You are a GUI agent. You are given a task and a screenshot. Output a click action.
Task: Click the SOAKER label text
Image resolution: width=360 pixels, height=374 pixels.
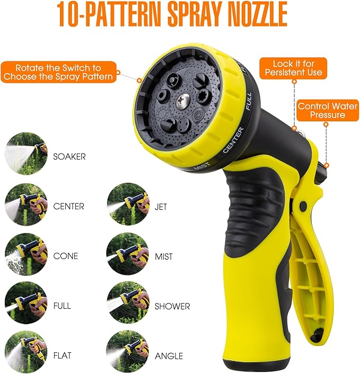69,157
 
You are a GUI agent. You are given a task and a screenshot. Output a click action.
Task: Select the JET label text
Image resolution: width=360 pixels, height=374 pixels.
162,206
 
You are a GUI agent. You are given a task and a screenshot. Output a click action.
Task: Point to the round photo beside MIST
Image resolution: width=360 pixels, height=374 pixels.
127,254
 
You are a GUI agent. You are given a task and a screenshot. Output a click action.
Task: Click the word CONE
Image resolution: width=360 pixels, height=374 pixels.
66,256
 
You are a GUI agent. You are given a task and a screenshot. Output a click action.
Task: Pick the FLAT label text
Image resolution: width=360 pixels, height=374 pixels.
63,355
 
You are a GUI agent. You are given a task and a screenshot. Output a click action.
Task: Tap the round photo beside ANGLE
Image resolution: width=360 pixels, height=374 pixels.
127,352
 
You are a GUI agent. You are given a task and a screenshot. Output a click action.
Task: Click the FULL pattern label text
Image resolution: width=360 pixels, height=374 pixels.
62,306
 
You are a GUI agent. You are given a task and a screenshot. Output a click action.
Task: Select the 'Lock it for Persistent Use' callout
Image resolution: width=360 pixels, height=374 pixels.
290,68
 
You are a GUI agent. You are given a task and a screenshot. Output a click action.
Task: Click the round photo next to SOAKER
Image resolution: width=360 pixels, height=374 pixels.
26,154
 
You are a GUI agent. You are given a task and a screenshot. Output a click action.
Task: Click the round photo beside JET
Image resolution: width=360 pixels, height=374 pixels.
127,204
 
